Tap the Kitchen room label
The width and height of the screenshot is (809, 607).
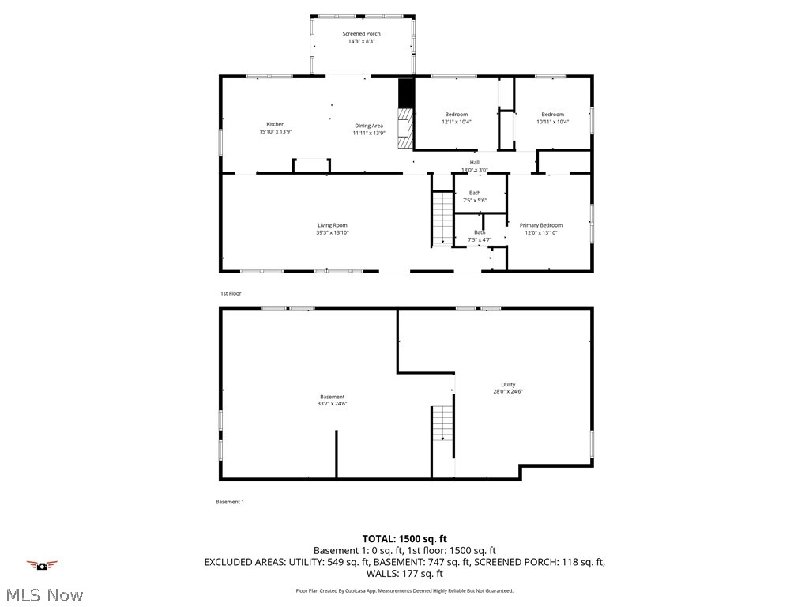pyautogui.click(x=275, y=124)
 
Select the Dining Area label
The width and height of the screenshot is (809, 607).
pyautogui.click(x=369, y=126)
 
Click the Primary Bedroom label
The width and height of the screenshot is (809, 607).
pyautogui.click(x=540, y=226)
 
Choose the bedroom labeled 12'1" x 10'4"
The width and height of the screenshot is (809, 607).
pyautogui.click(x=456, y=119)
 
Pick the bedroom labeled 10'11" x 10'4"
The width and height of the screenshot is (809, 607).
pyautogui.click(x=552, y=119)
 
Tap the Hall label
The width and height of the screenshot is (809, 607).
pyautogui.click(x=474, y=163)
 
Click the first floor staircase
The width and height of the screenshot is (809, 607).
pyautogui.click(x=442, y=218)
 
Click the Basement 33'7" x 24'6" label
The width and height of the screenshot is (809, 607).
pyautogui.click(x=332, y=400)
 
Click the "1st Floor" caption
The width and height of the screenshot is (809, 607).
pyautogui.click(x=231, y=293)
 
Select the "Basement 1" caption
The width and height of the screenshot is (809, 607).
pyautogui.click(x=230, y=502)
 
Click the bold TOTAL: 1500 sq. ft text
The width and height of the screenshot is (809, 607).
pyautogui.click(x=404, y=538)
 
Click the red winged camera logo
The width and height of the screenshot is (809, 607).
pyautogui.click(x=42, y=564)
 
